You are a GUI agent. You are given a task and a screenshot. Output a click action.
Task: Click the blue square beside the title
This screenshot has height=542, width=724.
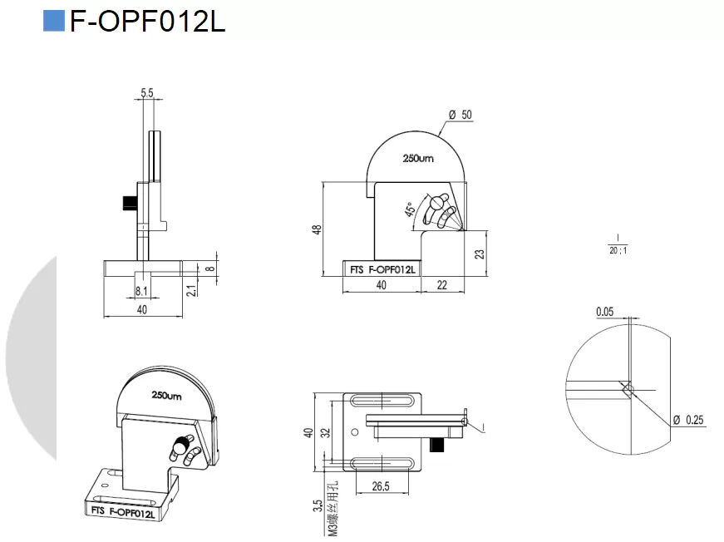[x=54, y=22]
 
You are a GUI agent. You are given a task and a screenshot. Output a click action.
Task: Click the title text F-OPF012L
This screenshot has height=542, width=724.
[x=147, y=22]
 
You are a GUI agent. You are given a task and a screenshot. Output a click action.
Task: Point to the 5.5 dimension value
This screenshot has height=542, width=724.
[x=147, y=94]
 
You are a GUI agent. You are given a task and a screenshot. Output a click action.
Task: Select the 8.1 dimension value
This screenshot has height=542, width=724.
[x=141, y=291]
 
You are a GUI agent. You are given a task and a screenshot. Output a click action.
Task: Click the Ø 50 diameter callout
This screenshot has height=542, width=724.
[x=460, y=115]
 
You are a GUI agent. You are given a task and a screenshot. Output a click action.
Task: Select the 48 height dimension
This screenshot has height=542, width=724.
[x=318, y=230]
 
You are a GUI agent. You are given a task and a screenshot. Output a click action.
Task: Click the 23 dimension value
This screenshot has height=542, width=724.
[x=480, y=254]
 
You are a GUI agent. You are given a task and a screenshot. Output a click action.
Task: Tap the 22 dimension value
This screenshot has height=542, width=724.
[x=441, y=285]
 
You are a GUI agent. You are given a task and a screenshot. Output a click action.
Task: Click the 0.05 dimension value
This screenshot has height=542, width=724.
[x=605, y=312]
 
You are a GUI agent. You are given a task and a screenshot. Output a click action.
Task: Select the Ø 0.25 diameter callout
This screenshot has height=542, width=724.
[x=687, y=420]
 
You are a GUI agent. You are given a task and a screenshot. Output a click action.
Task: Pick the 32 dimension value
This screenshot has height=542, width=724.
[x=326, y=432]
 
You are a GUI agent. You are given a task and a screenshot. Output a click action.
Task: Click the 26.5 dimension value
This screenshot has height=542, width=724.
[x=382, y=487]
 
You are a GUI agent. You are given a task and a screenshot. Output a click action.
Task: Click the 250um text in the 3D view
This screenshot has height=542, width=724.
[x=166, y=396]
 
